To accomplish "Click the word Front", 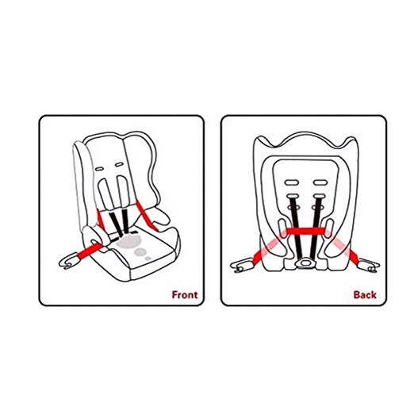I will click(x=185, y=295).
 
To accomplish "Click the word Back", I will click(x=365, y=295).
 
